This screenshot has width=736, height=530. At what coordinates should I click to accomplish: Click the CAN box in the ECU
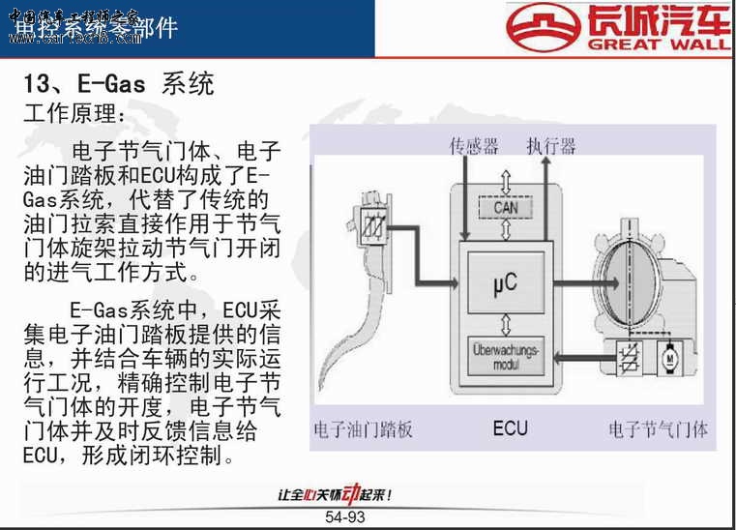tap(505, 208)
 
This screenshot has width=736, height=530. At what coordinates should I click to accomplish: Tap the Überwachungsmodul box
tap(505, 356)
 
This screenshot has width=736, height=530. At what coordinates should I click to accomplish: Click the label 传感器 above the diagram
tap(474, 146)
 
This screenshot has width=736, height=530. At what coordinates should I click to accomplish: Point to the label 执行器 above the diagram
tap(551, 146)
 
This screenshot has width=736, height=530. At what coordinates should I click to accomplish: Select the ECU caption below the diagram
tap(510, 427)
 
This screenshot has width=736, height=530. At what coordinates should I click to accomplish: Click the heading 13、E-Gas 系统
tap(117, 83)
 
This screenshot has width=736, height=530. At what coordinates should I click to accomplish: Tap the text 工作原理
tap(74, 114)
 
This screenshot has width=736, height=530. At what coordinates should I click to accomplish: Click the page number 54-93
tap(345, 517)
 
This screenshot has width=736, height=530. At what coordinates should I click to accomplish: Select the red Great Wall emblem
tap(546, 27)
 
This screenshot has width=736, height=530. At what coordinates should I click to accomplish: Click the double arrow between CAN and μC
tap(505, 233)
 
